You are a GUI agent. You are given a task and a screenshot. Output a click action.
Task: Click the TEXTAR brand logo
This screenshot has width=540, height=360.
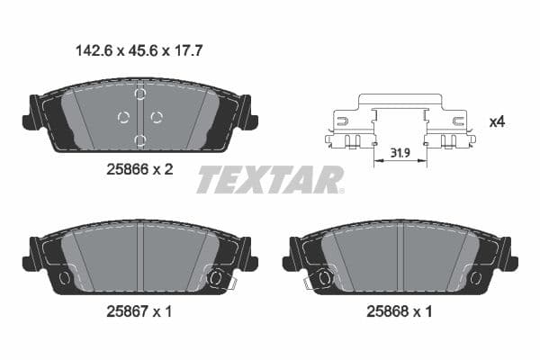(270, 179)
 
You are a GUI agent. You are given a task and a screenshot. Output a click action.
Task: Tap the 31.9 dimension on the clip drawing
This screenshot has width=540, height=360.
(400, 155)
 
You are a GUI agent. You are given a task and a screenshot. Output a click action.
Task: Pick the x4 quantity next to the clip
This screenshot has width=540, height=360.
(497, 121)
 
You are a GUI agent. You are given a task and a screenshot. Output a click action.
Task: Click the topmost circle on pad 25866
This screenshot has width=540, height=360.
(139, 94)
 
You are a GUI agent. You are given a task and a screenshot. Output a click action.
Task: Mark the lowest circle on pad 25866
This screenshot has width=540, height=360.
(139, 139)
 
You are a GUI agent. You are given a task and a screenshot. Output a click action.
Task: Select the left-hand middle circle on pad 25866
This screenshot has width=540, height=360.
(123, 117)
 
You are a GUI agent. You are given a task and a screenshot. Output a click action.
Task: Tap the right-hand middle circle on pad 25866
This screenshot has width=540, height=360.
(156, 117)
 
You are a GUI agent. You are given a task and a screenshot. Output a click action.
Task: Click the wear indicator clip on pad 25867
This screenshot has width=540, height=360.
(215, 278)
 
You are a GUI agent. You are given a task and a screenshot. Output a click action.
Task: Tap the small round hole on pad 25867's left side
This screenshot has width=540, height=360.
(64, 278)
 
